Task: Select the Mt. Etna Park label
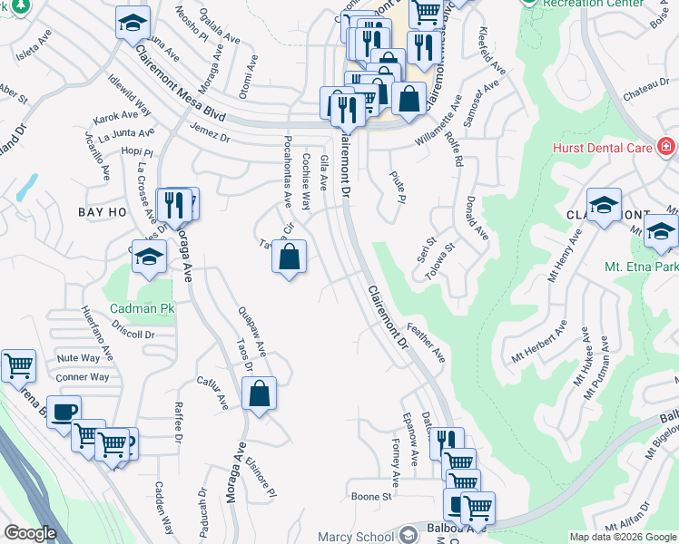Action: (641, 267)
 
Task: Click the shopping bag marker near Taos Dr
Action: (259, 393)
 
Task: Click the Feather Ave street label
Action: (425, 339)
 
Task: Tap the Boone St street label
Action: (371, 497)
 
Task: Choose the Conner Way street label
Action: (82, 377)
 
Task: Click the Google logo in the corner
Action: (29, 533)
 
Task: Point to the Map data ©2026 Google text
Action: (622, 537)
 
